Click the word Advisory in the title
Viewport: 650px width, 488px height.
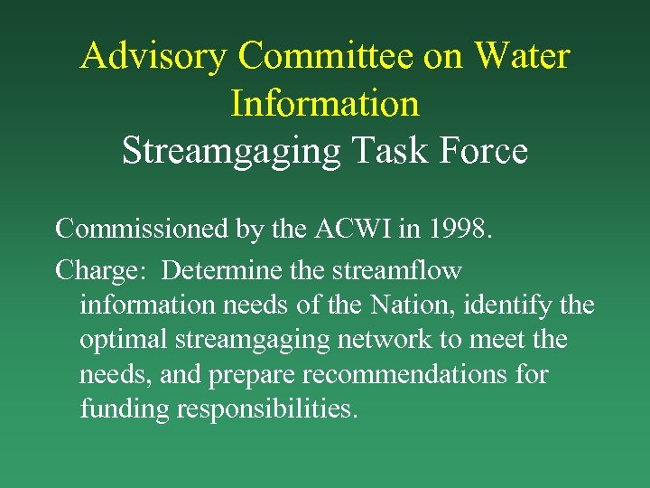click(154, 56)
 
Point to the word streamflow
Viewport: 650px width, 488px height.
click(399, 270)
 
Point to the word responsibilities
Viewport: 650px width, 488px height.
click(268, 408)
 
